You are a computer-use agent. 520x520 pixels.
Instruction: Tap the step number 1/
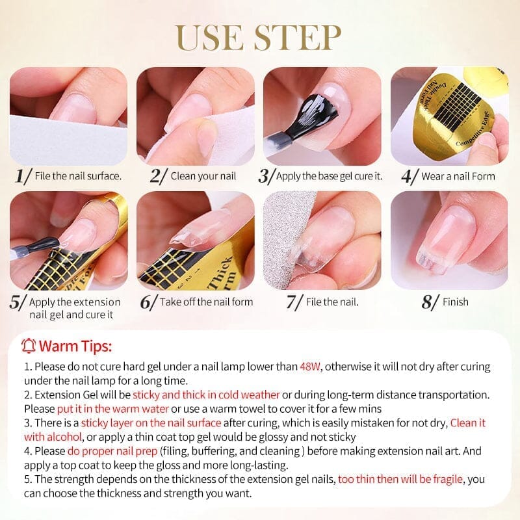[23, 175]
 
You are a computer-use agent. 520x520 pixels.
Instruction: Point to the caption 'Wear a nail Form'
[458, 176]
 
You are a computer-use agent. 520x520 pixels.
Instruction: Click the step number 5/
[19, 302]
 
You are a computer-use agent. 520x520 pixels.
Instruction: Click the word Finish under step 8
[455, 302]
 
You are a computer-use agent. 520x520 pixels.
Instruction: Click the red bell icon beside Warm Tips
[28, 345]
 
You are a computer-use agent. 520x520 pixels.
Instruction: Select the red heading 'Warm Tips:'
[75, 345]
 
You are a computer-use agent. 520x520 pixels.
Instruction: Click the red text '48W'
[310, 367]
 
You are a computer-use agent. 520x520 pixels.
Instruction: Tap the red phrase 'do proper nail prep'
[111, 450]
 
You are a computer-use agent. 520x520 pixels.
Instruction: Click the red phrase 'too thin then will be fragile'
[401, 479]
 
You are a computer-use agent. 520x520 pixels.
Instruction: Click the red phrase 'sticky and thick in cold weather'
[206, 395]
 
